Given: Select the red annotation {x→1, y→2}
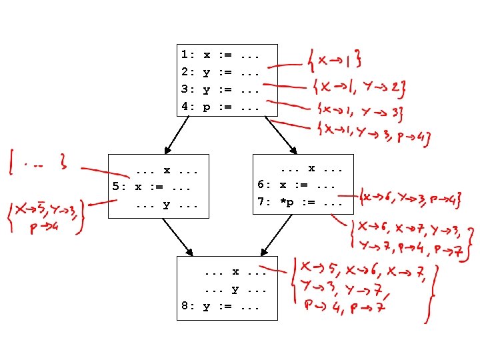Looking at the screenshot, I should (x=359, y=87).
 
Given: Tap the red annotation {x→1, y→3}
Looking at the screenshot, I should (x=358, y=111).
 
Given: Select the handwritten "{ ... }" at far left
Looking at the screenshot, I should (x=36, y=160).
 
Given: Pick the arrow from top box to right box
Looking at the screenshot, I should (x=281, y=135).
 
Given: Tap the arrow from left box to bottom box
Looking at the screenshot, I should (x=177, y=237).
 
